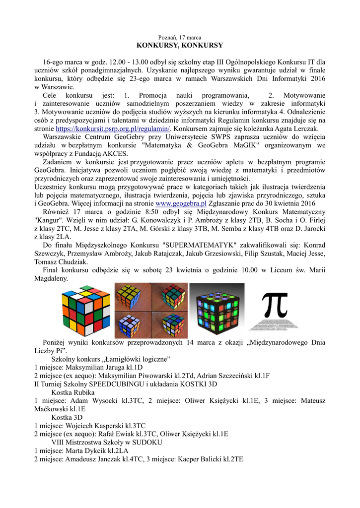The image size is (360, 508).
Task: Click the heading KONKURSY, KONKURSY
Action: click(x=180, y=45)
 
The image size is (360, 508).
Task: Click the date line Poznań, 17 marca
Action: click(x=180, y=38)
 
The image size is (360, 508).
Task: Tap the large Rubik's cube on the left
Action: click(x=85, y=311)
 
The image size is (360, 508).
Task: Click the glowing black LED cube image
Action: click(x=216, y=311)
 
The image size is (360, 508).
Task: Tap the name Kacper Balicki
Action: click(x=199, y=459)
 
